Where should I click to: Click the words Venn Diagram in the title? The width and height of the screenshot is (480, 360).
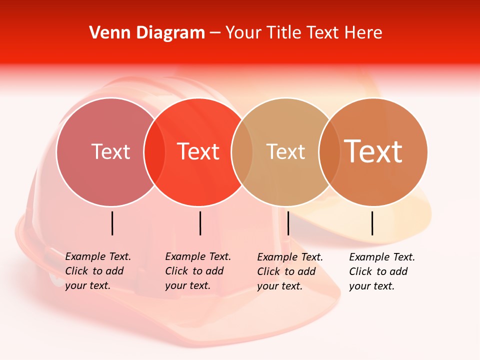147,33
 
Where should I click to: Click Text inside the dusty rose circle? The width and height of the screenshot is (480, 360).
110,151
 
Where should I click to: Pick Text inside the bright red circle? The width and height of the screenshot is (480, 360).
198,151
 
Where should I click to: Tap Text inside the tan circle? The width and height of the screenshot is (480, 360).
285,151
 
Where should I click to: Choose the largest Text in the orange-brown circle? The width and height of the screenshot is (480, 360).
373,151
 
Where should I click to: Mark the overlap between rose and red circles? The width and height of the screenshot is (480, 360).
154,151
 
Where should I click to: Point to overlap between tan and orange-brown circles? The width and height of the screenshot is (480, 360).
329,151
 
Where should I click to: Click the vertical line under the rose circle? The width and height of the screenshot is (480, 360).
112,223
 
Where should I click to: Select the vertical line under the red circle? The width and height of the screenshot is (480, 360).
200,223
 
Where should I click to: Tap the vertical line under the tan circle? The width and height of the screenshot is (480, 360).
288,223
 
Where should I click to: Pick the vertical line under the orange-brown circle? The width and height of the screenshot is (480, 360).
372,223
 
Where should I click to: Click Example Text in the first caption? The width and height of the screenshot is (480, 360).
98,256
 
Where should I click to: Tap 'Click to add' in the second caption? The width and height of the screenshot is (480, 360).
194,271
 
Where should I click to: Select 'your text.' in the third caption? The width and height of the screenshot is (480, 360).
279,286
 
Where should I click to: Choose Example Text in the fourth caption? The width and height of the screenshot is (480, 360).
382,257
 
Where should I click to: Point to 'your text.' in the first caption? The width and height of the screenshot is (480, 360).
87,285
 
